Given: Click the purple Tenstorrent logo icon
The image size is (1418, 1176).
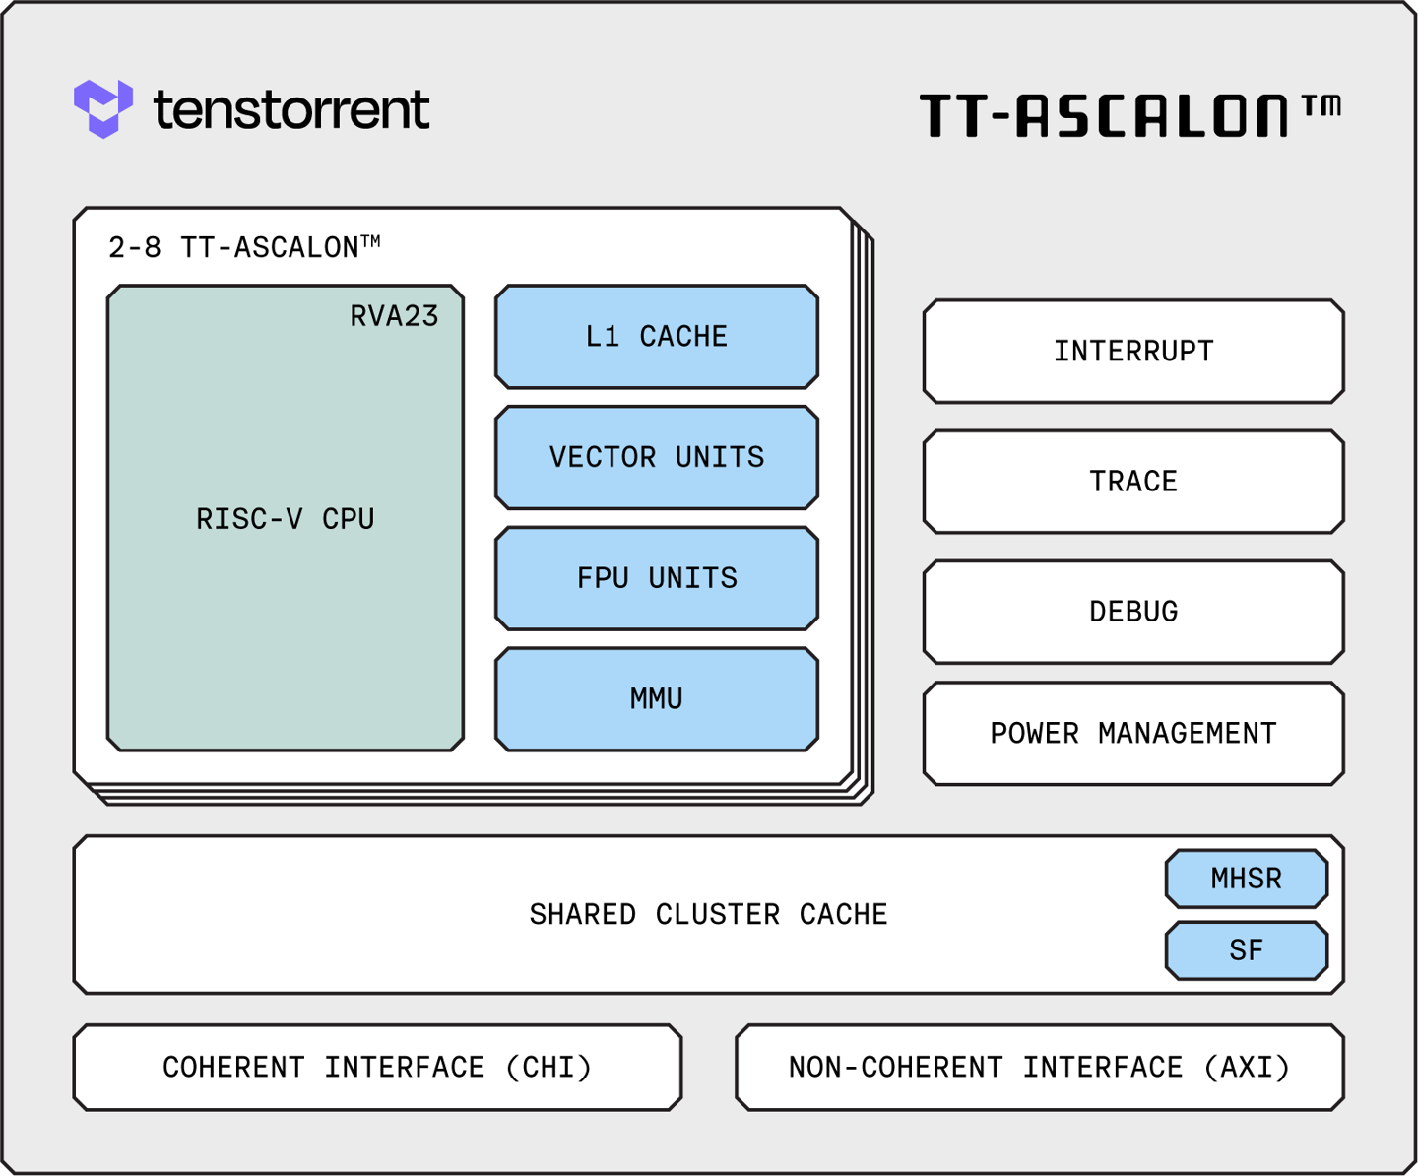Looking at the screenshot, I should (102, 108).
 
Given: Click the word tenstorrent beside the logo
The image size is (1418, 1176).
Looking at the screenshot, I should (291, 109).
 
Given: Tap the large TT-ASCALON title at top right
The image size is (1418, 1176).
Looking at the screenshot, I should (1103, 115).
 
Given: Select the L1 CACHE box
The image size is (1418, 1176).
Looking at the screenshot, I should (657, 337).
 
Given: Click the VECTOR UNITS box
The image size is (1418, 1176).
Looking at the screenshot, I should (657, 457).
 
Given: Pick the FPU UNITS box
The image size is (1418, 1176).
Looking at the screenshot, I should (657, 578).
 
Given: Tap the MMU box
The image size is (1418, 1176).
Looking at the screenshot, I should (657, 699).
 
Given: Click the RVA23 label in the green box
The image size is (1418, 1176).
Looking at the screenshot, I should (394, 316).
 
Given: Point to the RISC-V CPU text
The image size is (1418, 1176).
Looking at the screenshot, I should (286, 519).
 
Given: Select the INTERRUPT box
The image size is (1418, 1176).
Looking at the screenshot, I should (1133, 352).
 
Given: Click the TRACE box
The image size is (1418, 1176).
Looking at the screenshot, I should (1133, 482).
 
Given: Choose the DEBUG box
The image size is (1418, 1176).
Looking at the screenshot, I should (1133, 612).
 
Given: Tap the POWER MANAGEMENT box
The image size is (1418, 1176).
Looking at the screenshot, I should (1133, 734).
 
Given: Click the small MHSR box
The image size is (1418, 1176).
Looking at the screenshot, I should (1247, 879).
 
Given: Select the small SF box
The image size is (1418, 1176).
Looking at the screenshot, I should (1247, 950).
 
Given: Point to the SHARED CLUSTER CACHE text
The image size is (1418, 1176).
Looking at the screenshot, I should (708, 915).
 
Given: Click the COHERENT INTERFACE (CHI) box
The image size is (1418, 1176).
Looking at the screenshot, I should (377, 1068).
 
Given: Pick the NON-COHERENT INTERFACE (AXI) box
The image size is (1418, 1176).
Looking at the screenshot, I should (1040, 1068).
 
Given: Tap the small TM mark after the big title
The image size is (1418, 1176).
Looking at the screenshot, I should (1321, 105).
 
